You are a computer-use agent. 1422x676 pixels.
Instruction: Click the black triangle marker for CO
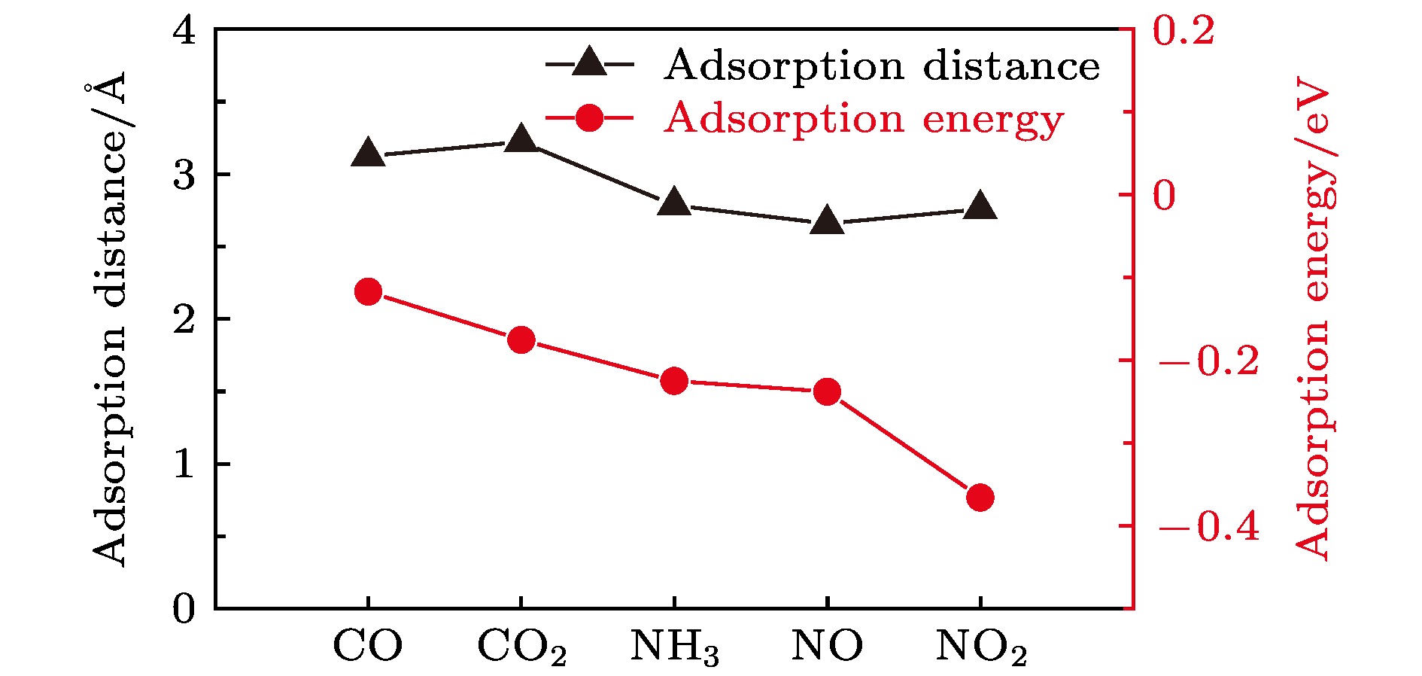368,154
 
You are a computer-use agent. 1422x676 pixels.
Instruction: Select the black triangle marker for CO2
521,140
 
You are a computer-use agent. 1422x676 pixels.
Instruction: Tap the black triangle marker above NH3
674,203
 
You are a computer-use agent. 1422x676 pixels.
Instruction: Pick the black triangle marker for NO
827,221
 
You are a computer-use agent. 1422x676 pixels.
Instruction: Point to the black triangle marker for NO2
980,206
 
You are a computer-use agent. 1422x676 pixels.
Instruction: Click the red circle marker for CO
368,291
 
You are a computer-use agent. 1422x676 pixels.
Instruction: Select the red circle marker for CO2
521,340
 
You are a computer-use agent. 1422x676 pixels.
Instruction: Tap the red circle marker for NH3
674,382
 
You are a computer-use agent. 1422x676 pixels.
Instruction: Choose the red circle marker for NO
827,391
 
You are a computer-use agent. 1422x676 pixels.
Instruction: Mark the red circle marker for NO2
980,498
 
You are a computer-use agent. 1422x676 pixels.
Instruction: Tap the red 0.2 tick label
1183,32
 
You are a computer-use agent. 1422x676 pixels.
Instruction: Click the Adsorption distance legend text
882,66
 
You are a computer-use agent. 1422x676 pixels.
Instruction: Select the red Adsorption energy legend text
864,119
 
